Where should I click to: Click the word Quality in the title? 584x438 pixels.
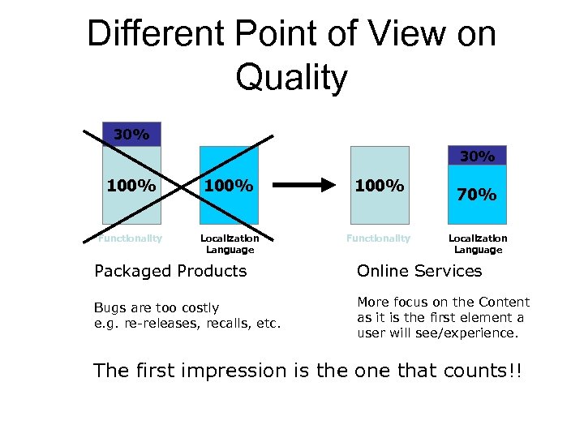point(292,78)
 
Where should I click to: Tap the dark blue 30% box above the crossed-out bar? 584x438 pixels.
point(131,134)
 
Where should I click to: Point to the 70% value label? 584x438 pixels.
point(476,195)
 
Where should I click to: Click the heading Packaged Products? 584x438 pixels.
point(170,271)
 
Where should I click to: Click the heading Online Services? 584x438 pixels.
point(419,271)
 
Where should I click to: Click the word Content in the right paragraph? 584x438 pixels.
point(504,302)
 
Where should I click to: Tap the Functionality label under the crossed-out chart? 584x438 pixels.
point(130,238)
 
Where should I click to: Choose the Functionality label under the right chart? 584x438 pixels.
point(378,238)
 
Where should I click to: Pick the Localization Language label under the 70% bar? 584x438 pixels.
point(478,244)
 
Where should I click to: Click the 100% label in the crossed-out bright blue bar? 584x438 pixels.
point(229,186)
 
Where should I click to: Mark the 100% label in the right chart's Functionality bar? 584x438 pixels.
point(380,186)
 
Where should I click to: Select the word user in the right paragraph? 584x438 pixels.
point(371,333)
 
